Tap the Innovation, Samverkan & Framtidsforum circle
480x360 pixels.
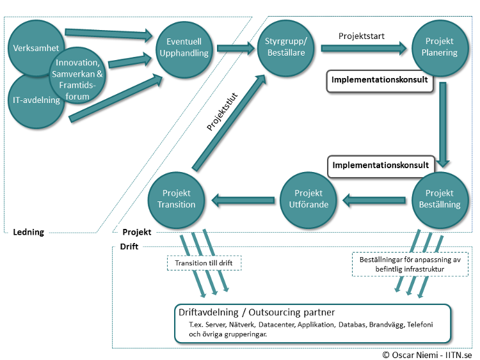tap(78, 79)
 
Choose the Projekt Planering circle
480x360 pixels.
tap(439, 47)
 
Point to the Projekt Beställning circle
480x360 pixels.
tap(439, 199)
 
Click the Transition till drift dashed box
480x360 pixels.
tap(200, 263)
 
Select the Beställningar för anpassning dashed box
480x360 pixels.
tap(406, 264)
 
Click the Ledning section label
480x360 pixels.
tap(28, 232)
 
